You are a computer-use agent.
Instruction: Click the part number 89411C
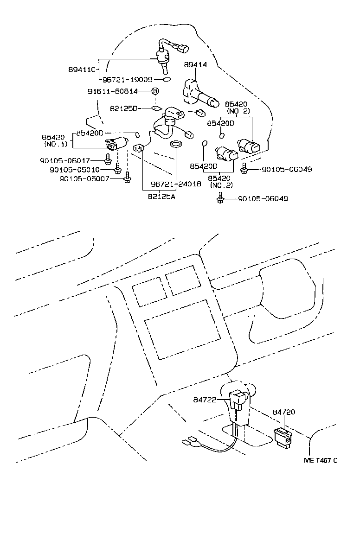pyautogui.click(x=82, y=70)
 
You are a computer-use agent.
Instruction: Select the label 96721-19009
pyautogui.click(x=128, y=80)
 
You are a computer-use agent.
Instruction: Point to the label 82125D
pyautogui.click(x=124, y=108)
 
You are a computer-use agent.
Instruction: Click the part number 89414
pyautogui.click(x=195, y=65)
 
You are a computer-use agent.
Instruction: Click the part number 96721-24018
pyautogui.click(x=176, y=184)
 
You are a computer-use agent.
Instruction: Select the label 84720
pyautogui.click(x=284, y=412)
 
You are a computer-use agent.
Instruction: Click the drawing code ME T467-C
pyautogui.click(x=320, y=460)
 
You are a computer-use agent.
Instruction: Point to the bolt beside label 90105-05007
pyautogui.click(x=127, y=178)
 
